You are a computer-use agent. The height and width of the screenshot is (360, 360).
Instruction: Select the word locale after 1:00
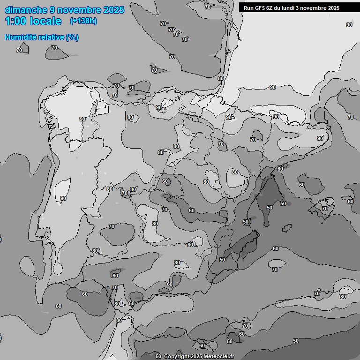(45, 21)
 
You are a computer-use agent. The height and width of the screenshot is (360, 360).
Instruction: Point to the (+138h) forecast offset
(83, 21)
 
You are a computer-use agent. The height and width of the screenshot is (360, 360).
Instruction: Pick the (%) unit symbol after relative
(72, 37)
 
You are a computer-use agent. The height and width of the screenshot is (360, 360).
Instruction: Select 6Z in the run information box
(271, 8)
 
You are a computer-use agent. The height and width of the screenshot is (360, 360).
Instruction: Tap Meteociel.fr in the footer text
(218, 357)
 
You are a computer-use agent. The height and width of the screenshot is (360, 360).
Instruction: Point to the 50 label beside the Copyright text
(158, 357)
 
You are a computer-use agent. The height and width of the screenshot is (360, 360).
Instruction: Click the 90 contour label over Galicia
(82, 119)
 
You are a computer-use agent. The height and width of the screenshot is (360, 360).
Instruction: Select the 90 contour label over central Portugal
(63, 198)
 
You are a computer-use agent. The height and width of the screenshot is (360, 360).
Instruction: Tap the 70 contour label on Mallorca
(325, 209)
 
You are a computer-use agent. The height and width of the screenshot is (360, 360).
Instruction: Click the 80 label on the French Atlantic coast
(221, 78)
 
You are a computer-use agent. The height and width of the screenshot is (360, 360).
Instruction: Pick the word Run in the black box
(248, 8)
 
